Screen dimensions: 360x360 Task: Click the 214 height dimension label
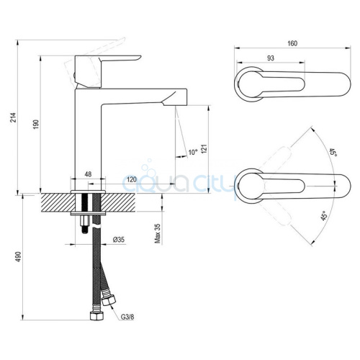click(14, 117)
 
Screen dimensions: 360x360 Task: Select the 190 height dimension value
click(36, 125)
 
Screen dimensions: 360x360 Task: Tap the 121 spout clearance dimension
click(204, 149)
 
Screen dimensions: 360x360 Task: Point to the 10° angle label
click(193, 152)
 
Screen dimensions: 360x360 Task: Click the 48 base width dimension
click(88, 174)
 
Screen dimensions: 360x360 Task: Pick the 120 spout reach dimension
click(132, 179)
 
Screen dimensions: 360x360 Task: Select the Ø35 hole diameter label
click(119, 239)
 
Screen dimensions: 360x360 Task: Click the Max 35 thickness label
click(158, 233)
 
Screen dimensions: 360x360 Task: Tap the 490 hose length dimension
click(19, 257)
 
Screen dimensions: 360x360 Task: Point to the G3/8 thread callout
click(127, 317)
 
